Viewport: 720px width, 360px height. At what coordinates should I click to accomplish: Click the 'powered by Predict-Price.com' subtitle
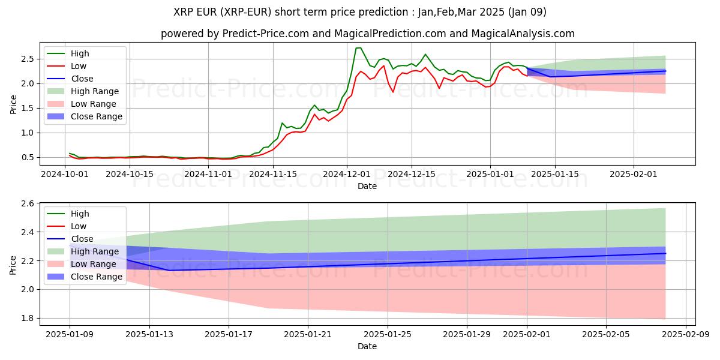point(367,34)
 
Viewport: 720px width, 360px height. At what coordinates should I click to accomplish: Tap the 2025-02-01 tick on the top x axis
point(634,174)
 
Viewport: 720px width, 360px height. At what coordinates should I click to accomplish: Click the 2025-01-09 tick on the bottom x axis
point(70,334)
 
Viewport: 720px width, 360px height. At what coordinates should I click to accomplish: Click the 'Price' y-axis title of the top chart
point(13,104)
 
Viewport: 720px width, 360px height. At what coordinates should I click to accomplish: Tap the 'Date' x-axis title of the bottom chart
point(367,346)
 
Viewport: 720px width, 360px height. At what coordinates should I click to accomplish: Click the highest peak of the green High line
point(359,47)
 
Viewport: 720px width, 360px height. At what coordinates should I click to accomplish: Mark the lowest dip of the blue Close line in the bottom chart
point(169,270)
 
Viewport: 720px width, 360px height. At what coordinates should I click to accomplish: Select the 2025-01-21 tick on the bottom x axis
point(308,334)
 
